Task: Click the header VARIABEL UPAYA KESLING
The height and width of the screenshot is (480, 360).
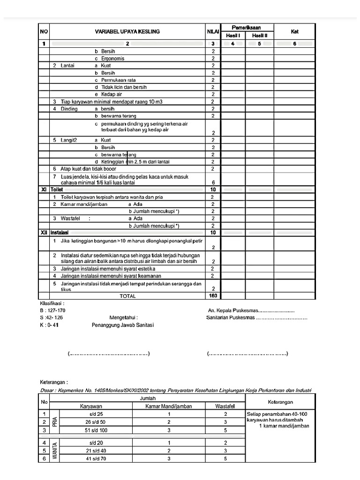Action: coord(127,31)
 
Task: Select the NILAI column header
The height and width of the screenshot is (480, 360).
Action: coord(213,31)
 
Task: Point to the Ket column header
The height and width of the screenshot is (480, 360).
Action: coord(294,31)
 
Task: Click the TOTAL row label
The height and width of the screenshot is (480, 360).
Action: coord(127,296)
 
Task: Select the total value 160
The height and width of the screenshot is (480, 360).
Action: coord(213,296)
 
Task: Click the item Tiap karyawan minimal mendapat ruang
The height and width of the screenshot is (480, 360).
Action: coord(105,101)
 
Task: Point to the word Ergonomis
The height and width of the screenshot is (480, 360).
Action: coord(112,59)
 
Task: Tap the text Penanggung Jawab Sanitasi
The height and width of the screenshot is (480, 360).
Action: coord(123,325)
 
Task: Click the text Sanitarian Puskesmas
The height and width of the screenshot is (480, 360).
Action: coord(230,317)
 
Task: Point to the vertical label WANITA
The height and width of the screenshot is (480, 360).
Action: coord(55,450)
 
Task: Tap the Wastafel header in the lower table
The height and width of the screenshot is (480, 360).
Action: coord(225,406)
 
